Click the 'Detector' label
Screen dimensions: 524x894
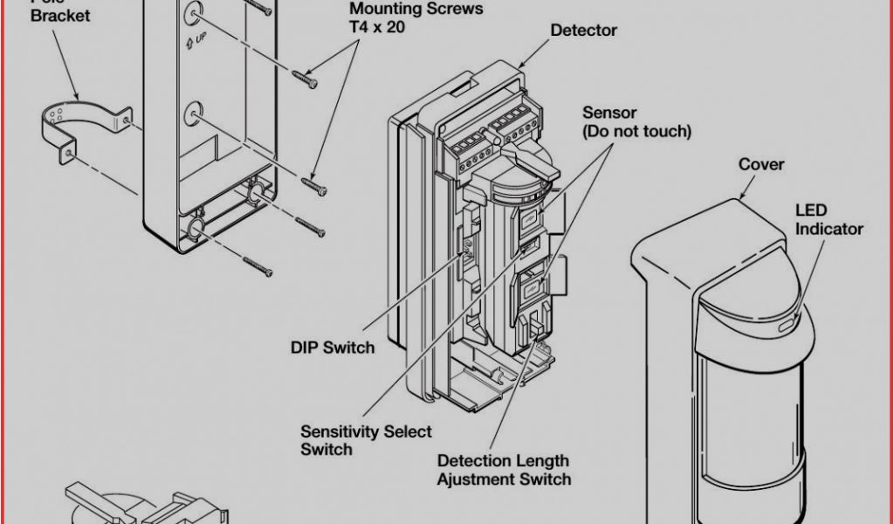coord(583,31)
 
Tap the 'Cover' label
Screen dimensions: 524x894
coord(761,164)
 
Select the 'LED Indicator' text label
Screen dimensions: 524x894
coord(829,220)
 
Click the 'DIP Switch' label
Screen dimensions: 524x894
coord(332,348)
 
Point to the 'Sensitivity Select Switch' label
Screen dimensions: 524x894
coord(366,440)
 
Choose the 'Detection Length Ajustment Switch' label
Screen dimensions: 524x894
coord(504,470)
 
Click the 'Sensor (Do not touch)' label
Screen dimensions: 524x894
coord(636,122)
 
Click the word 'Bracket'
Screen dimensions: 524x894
coord(60,17)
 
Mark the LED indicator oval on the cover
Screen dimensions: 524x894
coord(787,324)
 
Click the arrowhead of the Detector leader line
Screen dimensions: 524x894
coord(522,66)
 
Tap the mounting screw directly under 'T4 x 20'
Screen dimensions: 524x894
coord(306,79)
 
